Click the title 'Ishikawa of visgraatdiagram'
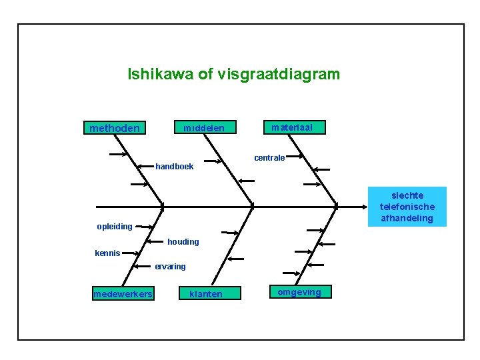[x=233, y=74]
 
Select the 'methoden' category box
[x=115, y=127]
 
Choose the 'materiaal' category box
[x=293, y=127]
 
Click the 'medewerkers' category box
[x=123, y=294]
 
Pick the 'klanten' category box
[x=206, y=294]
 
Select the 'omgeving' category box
[x=299, y=292]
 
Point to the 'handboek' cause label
[x=175, y=167]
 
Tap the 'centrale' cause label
[x=269, y=158]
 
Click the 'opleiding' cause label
[x=115, y=227]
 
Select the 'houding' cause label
[x=183, y=242]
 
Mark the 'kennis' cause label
[x=107, y=253]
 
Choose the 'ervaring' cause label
[x=170, y=267]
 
